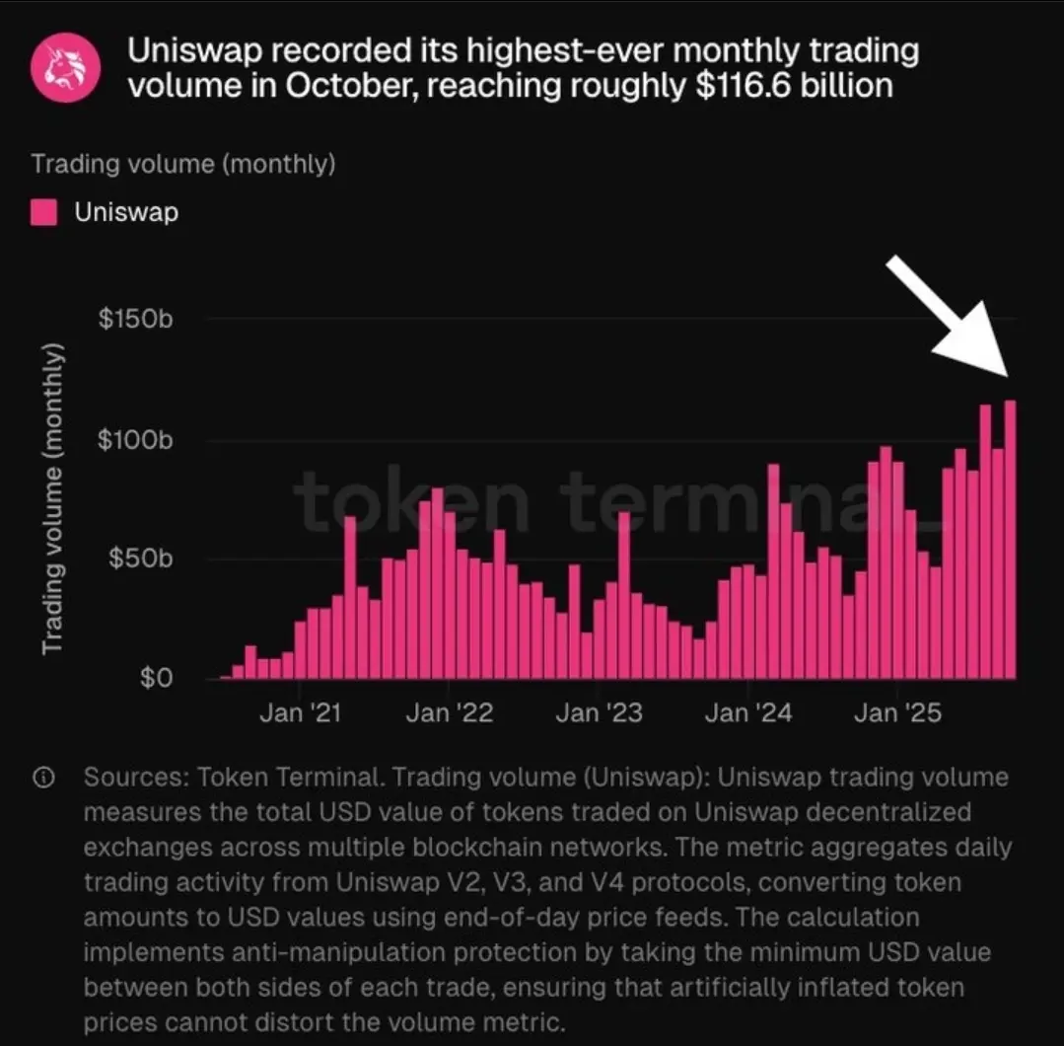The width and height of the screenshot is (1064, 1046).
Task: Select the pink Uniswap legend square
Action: click(x=44, y=212)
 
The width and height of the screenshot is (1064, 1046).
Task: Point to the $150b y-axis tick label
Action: click(x=137, y=321)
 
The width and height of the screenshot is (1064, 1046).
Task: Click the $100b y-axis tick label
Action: click(x=137, y=440)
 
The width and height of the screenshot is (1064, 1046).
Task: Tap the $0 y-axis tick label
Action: click(x=156, y=679)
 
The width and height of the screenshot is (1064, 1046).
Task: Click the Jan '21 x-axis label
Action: click(x=299, y=712)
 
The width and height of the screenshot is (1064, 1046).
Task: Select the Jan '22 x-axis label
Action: click(x=449, y=712)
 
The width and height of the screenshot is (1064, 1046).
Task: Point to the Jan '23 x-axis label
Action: click(x=599, y=712)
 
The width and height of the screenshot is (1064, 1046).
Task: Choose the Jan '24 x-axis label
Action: click(x=748, y=712)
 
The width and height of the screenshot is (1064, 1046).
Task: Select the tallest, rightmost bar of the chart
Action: click(x=1010, y=543)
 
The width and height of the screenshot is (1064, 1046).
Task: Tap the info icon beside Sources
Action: click(x=43, y=778)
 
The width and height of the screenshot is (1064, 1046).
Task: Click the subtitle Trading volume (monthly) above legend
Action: click(x=183, y=163)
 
